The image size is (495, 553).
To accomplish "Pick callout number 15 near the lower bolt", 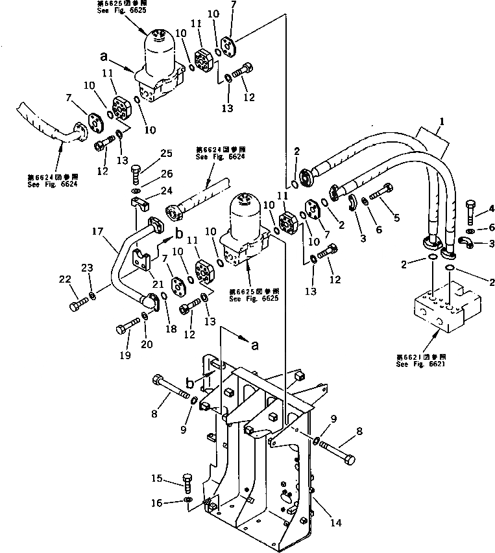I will [157, 479].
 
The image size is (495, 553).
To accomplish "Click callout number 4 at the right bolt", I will [490, 208].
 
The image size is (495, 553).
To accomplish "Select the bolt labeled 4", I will [472, 211].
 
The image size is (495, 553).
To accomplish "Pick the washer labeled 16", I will [186, 500].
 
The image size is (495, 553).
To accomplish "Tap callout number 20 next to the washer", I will [147, 344].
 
